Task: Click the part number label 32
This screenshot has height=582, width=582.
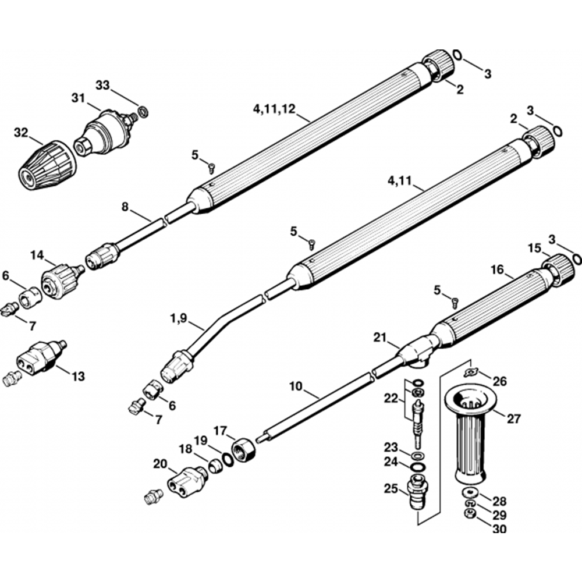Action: (21, 133)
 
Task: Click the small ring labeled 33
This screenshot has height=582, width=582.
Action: (142, 110)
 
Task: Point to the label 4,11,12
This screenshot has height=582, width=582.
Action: (274, 109)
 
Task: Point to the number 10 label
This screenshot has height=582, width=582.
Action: (296, 386)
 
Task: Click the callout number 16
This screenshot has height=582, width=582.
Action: (496, 270)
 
